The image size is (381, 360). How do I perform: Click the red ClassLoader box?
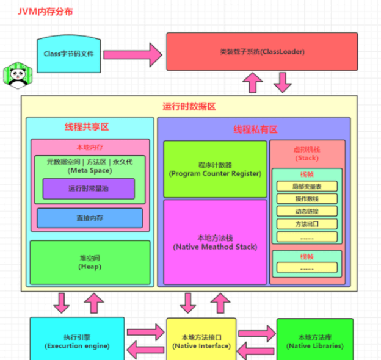262,51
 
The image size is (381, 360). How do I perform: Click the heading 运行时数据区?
189,106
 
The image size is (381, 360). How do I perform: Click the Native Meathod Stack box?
215,242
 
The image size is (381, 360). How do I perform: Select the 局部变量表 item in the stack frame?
307,186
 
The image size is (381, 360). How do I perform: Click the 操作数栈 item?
307,198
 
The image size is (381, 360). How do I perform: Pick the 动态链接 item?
307,211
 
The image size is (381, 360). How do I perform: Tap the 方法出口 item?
307,224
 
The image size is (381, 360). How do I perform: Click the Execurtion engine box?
77,340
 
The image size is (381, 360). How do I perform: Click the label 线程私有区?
255,129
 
